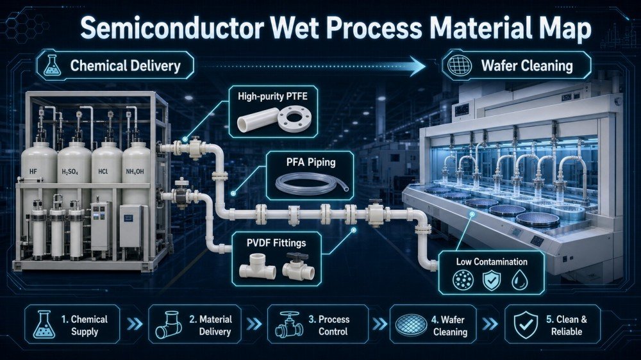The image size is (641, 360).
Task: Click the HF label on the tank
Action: pos(33,172)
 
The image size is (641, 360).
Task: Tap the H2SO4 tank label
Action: pos(69,172)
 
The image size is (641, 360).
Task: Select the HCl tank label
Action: pos(103,172)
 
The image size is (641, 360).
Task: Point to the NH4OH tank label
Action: pos(135,172)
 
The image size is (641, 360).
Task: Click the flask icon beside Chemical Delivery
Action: pos(53,65)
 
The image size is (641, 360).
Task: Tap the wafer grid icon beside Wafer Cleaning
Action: pos(459,65)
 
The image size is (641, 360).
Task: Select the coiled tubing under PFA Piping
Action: pos(312,183)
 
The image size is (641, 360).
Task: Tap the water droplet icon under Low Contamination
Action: pos(520,280)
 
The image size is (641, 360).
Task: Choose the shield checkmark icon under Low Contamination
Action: pos(491,281)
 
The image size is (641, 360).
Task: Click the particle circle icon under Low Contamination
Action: pos(463,280)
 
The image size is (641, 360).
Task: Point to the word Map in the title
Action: pos(566,29)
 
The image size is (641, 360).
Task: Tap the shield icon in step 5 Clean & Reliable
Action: pos(526,325)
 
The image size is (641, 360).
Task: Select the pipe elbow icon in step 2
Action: pos(169,325)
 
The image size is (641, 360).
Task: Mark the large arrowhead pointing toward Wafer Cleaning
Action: pos(417,66)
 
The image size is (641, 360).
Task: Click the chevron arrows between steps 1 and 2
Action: pos(134,324)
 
